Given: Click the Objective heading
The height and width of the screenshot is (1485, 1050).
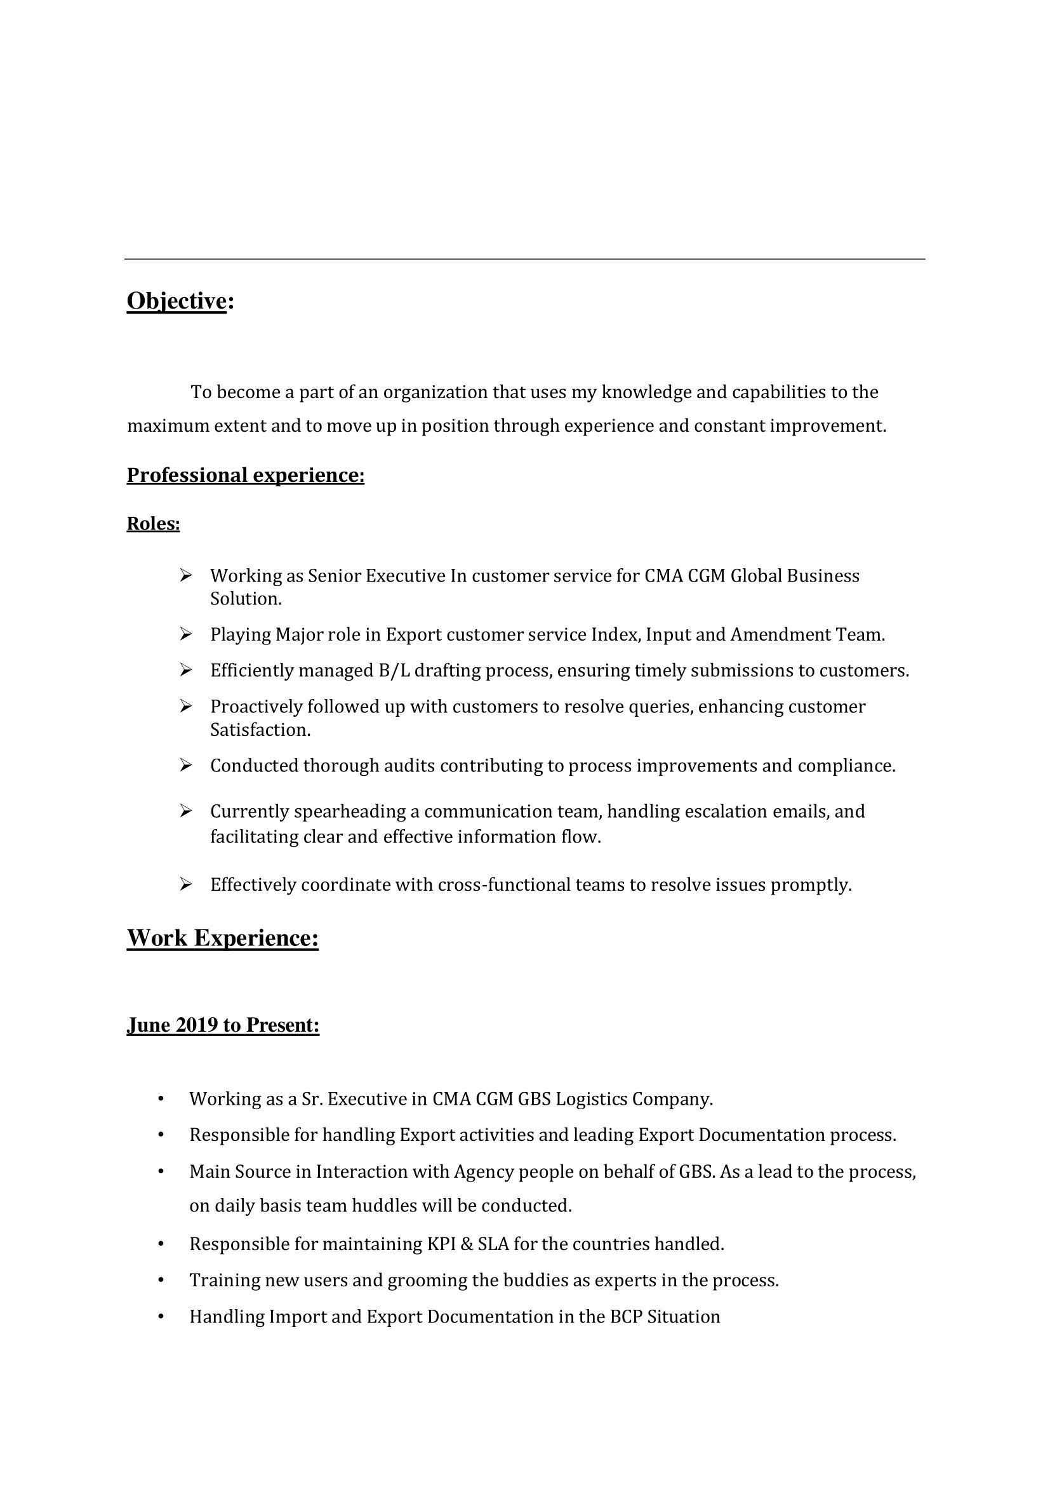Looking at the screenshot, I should (x=176, y=301).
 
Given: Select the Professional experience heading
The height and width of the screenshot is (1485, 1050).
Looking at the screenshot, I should (x=245, y=476).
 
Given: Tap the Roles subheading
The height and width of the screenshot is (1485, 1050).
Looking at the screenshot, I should (x=152, y=523).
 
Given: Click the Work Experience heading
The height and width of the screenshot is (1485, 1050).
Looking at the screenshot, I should (x=222, y=938).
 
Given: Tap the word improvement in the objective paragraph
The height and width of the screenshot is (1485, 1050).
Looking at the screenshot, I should (x=827, y=425).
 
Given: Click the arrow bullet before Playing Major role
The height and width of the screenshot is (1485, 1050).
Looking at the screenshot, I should (x=185, y=634).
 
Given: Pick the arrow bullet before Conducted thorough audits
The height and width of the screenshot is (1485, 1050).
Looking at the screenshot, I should (x=185, y=765).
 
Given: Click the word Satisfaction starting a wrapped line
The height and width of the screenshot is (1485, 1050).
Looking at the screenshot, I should (x=260, y=729).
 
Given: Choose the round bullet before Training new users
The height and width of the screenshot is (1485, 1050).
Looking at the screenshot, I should (x=161, y=1280).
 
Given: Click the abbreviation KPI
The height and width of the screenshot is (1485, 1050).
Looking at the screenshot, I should (x=442, y=1244).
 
